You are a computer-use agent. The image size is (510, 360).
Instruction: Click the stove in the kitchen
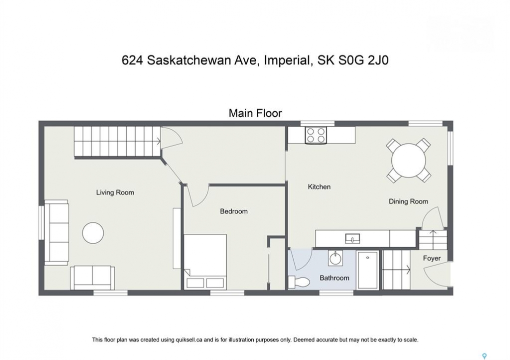click(x=316, y=135)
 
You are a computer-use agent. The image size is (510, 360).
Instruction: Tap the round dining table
click(x=408, y=160)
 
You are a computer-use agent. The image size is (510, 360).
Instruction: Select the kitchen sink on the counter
click(x=352, y=239)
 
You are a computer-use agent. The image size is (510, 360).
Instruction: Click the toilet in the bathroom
click(x=299, y=281)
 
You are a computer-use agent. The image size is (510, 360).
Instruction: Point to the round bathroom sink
click(x=335, y=258)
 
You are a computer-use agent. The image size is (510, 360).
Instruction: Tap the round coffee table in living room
click(x=93, y=233)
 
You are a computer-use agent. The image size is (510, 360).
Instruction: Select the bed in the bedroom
click(x=205, y=261)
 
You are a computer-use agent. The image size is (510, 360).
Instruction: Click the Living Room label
click(x=115, y=192)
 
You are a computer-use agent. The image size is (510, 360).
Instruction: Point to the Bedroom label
click(x=234, y=211)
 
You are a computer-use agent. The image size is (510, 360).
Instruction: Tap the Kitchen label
click(x=319, y=187)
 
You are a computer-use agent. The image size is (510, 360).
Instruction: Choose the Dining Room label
click(x=408, y=201)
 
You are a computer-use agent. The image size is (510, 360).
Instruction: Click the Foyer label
click(x=432, y=258)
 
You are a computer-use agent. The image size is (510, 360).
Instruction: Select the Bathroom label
click(x=334, y=278)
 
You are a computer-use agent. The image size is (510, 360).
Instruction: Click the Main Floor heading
click(x=255, y=113)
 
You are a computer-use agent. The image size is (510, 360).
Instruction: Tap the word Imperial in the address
click(x=287, y=61)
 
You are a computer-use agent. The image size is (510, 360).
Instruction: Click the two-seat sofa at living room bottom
click(x=93, y=278)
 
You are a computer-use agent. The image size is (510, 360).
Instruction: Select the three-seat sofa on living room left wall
click(x=56, y=232)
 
